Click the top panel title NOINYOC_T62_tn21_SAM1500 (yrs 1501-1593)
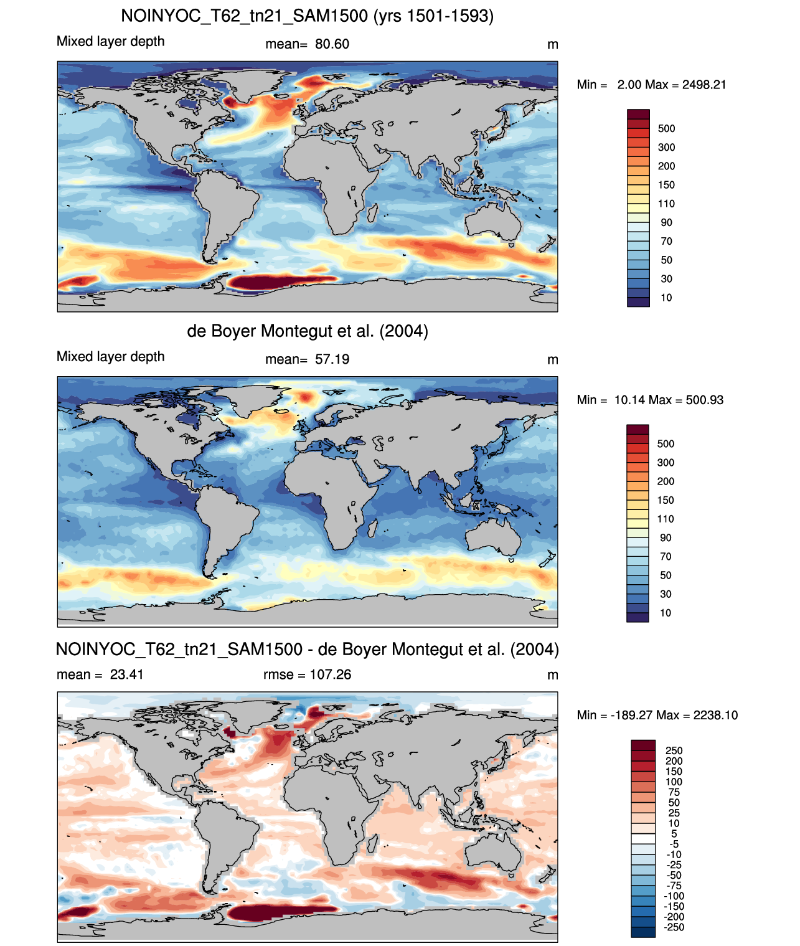[307, 16]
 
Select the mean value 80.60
[332, 44]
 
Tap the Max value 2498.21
[704, 85]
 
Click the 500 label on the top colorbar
[666, 129]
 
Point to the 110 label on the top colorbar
[666, 204]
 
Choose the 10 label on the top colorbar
[666, 298]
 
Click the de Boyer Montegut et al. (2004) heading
[308, 331]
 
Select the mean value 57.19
[332, 359]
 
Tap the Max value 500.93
[704, 400]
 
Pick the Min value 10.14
[629, 400]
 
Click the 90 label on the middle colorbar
[666, 537]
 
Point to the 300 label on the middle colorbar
[666, 462]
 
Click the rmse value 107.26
[330, 674]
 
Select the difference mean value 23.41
[127, 674]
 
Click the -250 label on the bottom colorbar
[674, 927]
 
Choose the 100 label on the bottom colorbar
[674, 782]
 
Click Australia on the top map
[493, 222]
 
